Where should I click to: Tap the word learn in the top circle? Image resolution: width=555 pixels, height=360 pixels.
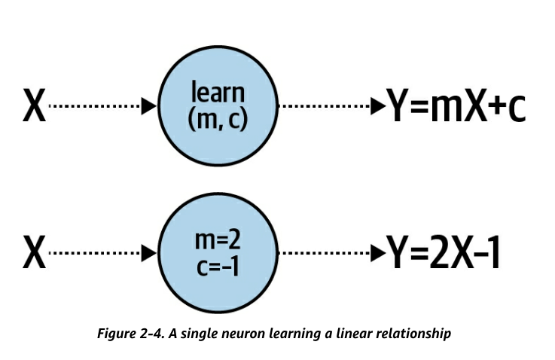218,94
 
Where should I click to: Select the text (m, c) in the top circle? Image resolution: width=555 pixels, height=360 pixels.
218,120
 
